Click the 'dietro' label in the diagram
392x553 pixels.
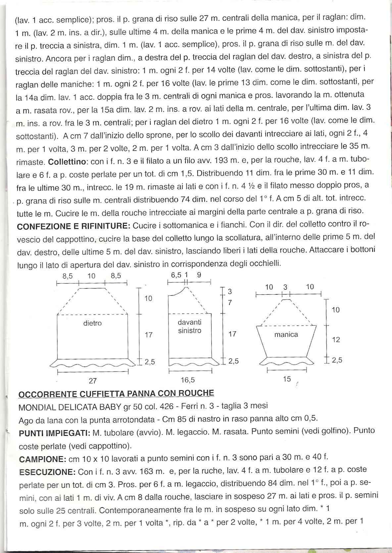point(92,323)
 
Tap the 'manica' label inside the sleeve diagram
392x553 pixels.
point(286,335)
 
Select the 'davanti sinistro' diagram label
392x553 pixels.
point(189,326)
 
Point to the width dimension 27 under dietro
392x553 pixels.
point(92,381)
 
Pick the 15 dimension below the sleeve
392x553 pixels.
point(287,379)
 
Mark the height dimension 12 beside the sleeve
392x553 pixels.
point(336,339)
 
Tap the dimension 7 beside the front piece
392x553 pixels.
point(230,303)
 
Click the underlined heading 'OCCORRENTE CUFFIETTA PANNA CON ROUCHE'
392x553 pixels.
point(116,394)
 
